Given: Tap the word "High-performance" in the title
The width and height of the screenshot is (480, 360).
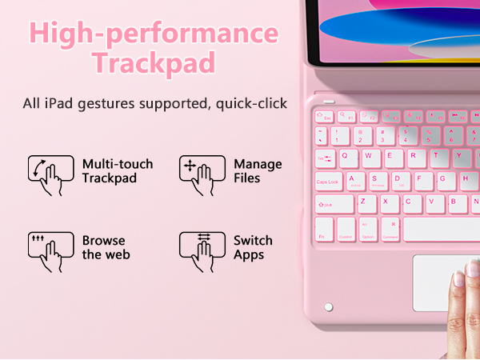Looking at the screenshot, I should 154,34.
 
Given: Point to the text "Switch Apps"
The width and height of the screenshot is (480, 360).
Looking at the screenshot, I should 253,247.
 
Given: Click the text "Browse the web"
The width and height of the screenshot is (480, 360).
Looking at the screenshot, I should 106,247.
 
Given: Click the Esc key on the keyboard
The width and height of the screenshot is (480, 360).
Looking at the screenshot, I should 327,117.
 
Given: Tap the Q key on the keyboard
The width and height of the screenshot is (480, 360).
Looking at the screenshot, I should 350,158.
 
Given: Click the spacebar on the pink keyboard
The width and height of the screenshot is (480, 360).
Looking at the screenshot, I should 440,229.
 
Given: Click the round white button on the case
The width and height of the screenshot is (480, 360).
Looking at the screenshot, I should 328,307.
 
